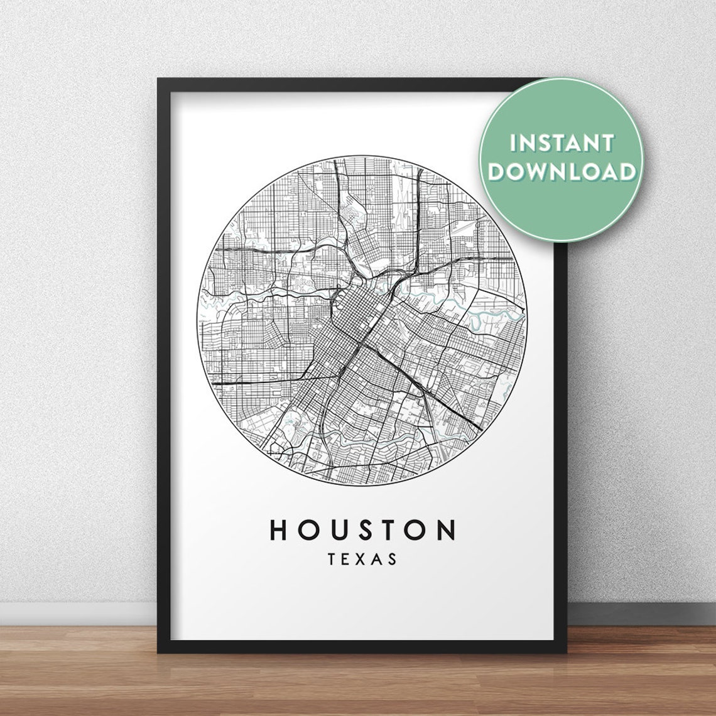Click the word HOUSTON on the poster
(x=363, y=530)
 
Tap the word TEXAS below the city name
(x=362, y=558)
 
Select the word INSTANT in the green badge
(x=561, y=143)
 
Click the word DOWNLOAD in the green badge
(x=562, y=171)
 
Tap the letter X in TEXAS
(x=362, y=558)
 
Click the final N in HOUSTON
(x=447, y=530)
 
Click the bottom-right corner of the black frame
(x=560, y=648)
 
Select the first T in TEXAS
(x=332, y=558)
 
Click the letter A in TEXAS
(x=377, y=558)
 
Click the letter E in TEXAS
(x=347, y=558)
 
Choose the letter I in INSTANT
(x=514, y=143)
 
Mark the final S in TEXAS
(x=393, y=558)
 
